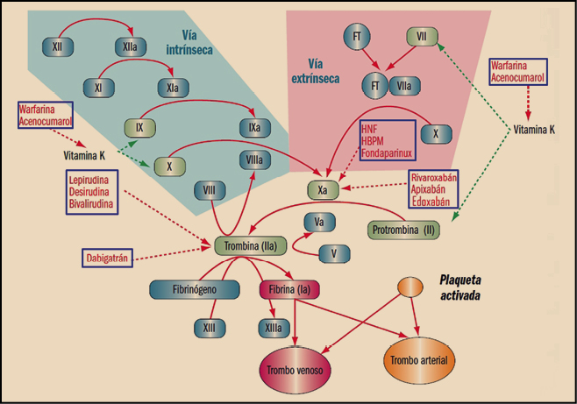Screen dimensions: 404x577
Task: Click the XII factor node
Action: click(x=57, y=44)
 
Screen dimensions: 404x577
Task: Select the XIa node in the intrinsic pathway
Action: click(x=171, y=87)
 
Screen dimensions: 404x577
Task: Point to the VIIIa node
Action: click(x=254, y=159)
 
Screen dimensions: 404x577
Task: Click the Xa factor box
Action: click(x=323, y=188)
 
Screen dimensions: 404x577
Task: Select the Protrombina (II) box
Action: click(x=403, y=230)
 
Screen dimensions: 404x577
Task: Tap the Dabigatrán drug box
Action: click(x=110, y=258)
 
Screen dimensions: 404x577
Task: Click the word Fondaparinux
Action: click(x=385, y=154)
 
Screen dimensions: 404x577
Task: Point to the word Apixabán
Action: click(x=434, y=188)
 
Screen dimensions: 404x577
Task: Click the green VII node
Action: click(x=421, y=38)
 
